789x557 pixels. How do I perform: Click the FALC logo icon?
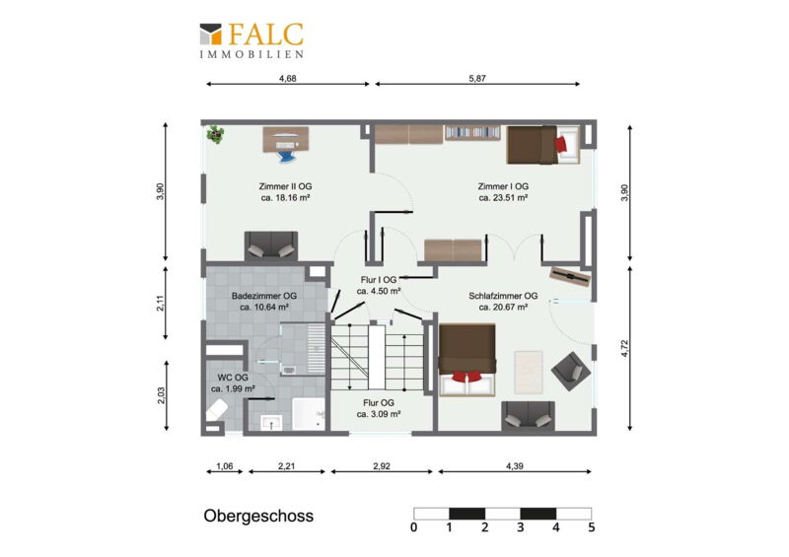pos(210,34)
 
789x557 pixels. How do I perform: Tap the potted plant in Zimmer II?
pos(216,134)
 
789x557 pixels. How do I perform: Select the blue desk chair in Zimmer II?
pos(285,152)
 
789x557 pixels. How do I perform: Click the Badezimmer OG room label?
pos(263,296)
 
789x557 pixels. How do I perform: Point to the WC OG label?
pos(233,378)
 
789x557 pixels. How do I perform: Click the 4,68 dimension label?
pos(287,78)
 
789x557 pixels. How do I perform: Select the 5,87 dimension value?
pos(477,78)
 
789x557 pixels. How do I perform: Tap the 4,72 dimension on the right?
pos(624,349)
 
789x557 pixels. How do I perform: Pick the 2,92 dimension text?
pos(382,466)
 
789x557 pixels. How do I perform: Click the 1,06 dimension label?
pos(225,466)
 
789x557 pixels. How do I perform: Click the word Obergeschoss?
pos(258,516)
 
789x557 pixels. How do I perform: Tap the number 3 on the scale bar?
pos(521,527)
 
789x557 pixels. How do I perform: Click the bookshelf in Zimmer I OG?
pos(472,132)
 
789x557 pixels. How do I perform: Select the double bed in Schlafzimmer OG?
pos(467,360)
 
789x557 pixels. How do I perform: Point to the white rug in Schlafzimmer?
pos(529,372)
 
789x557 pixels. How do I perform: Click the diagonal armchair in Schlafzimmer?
pos(571,372)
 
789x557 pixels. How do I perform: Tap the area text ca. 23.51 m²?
pos(503,198)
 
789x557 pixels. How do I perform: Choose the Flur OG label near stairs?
pos(379,402)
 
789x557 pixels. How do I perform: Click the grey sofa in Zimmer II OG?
pos(271,245)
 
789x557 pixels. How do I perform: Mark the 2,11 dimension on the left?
pos(160,303)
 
